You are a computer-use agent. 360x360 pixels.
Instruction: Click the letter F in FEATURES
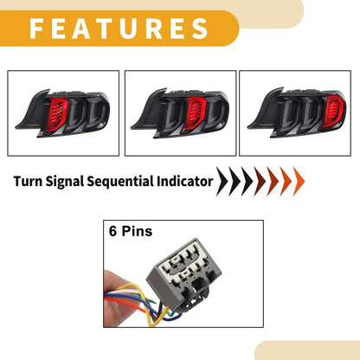(37, 29)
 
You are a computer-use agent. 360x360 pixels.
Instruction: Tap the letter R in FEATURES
(154, 29)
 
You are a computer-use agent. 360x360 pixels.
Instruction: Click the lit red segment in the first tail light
(57, 113)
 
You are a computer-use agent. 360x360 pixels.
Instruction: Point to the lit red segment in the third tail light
(334, 112)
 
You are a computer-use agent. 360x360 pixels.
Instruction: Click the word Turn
(28, 182)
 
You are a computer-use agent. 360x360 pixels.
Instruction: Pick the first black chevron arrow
(222, 182)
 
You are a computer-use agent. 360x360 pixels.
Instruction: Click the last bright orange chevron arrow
(299, 182)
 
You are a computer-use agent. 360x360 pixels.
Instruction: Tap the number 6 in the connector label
(112, 231)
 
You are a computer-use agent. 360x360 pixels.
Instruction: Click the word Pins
(137, 231)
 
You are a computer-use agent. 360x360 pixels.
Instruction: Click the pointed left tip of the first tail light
(16, 127)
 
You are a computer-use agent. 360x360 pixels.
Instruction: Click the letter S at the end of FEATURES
(200, 29)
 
